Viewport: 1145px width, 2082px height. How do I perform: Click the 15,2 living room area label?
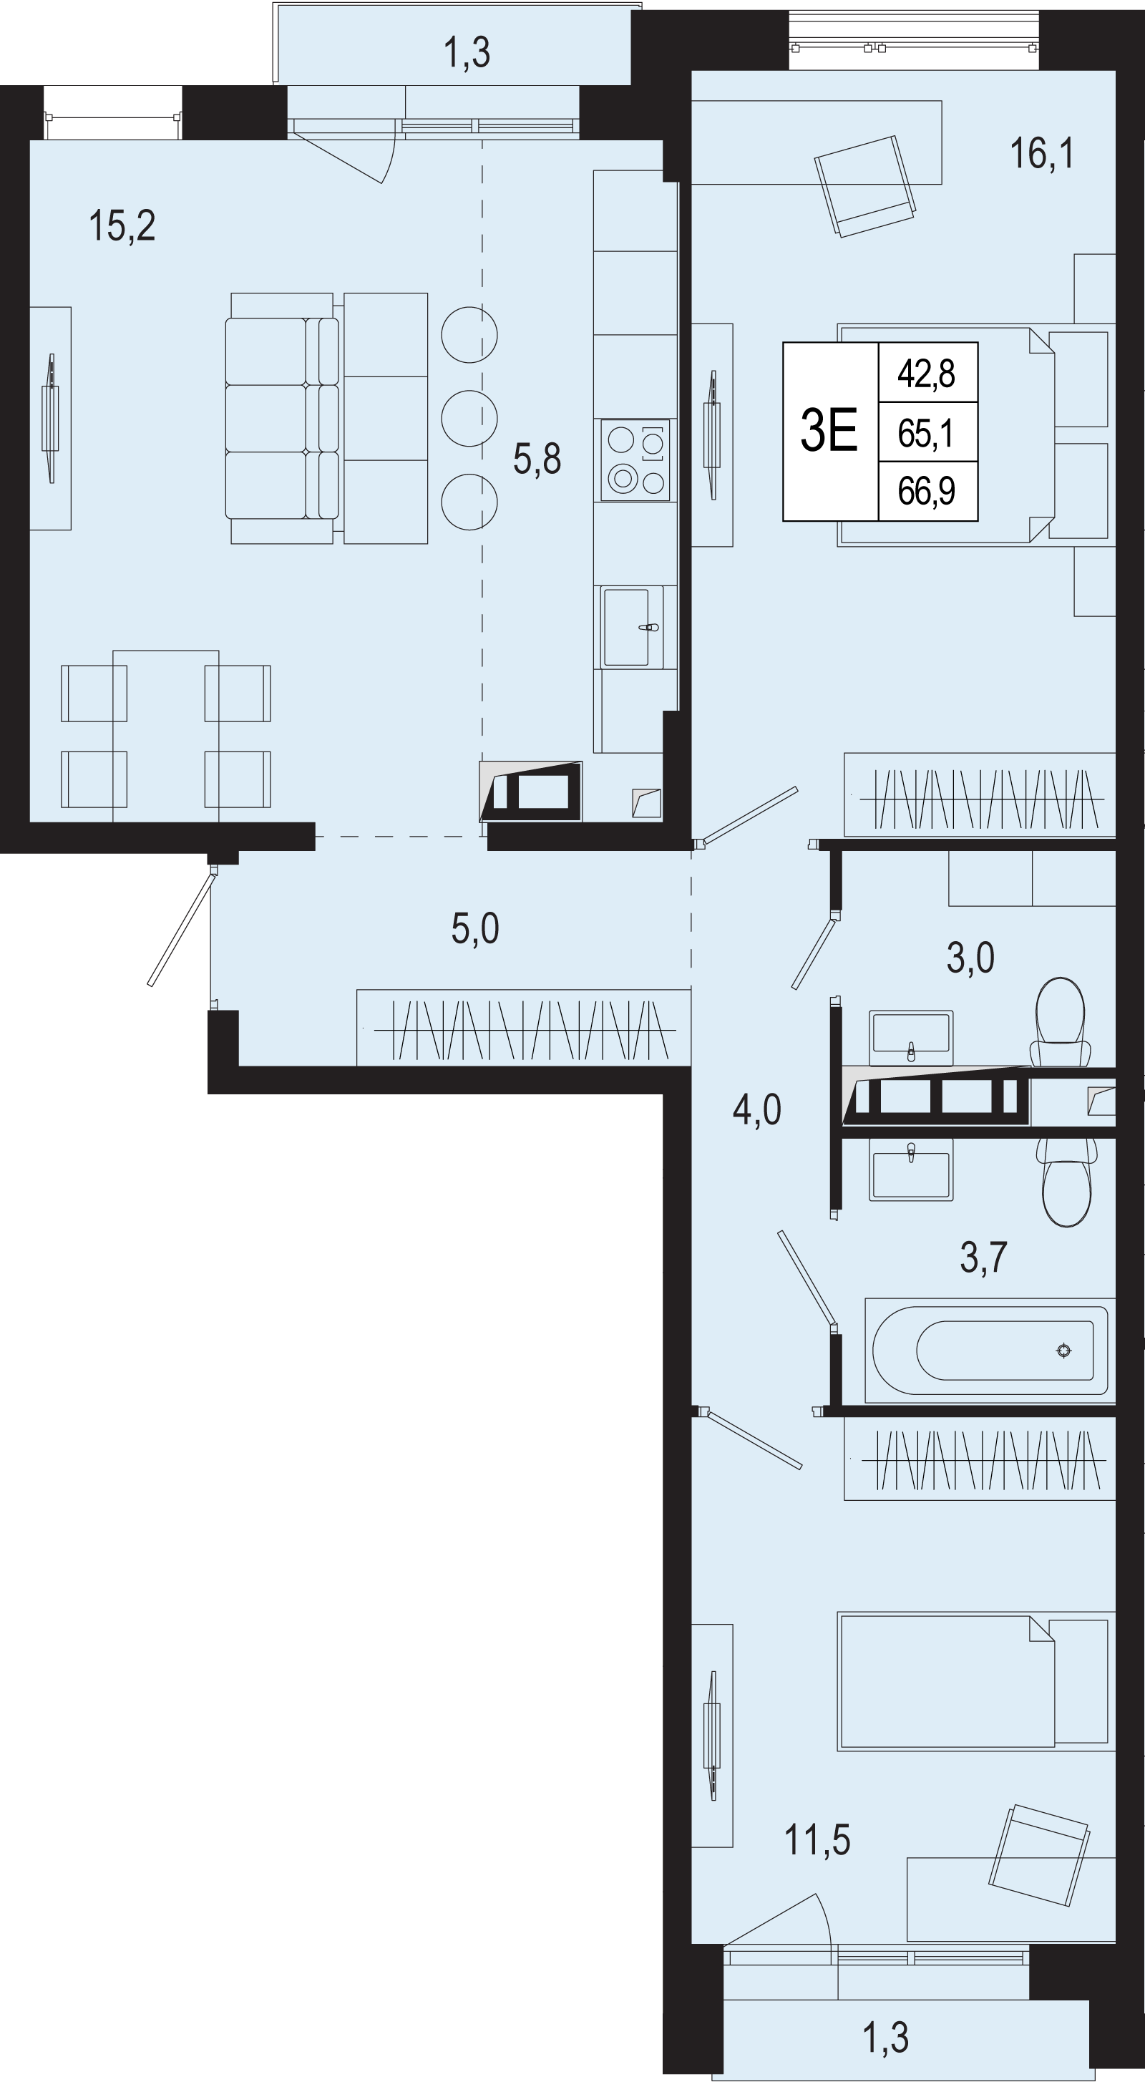pos(122,225)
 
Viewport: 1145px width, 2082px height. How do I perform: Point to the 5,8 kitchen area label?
pos(537,458)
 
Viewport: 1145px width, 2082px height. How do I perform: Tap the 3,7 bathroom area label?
pos(983,1258)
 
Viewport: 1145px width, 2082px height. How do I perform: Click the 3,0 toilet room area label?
pos(970,958)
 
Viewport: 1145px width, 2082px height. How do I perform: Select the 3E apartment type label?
pos(828,430)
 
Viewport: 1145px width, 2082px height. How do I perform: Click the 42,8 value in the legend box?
pos(927,374)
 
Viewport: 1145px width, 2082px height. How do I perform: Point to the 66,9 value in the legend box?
pos(927,490)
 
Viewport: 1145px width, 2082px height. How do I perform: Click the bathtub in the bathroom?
pos(990,1350)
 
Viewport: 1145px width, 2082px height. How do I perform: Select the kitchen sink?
pos(630,627)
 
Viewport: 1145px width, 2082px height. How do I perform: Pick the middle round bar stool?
pos(469,418)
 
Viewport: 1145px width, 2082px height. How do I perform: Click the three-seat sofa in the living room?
pos(282,418)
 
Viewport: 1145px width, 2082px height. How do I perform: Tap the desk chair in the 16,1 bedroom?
pos(865,187)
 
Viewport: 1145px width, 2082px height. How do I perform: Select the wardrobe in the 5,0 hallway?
pos(524,1028)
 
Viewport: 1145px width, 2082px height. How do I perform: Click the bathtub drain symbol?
pos(1064,1350)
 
